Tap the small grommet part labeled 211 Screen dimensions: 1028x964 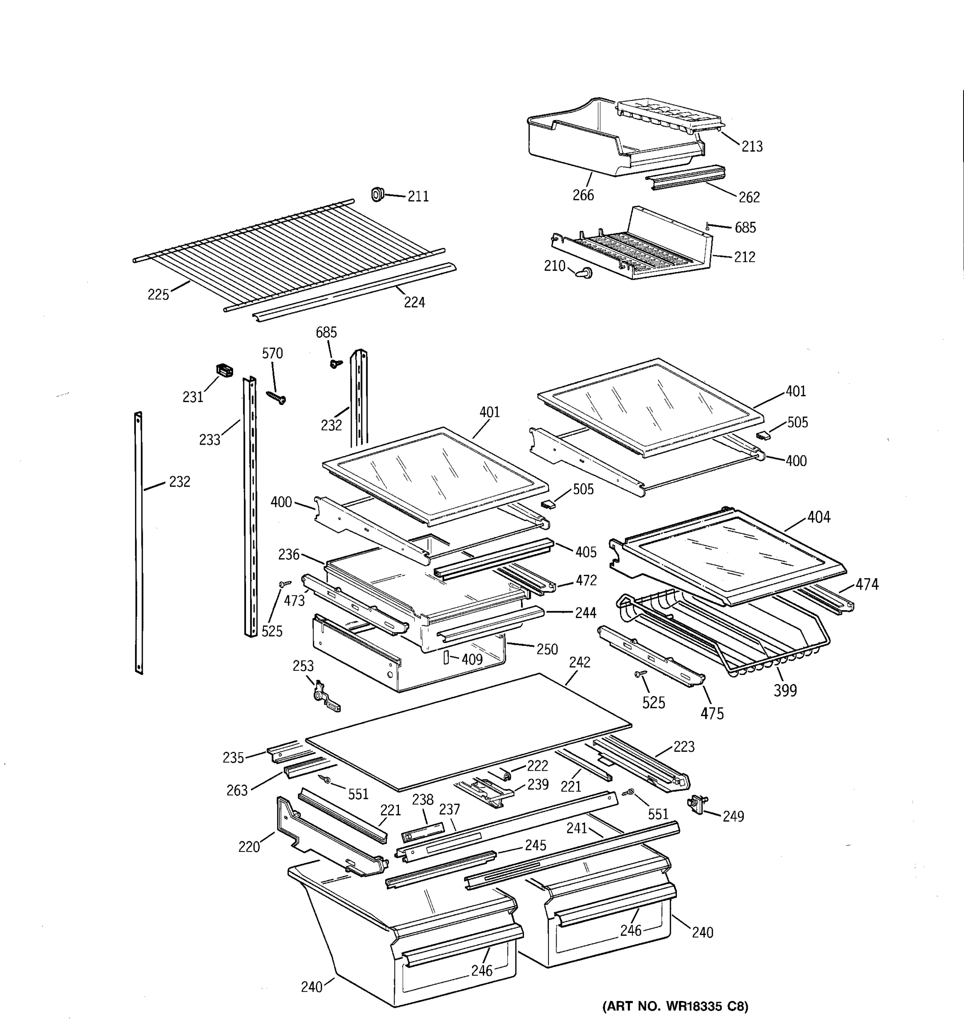coord(377,195)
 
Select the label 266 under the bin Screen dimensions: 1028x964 coord(583,195)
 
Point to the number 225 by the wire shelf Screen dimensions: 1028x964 coord(158,295)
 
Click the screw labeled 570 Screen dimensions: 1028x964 coord(277,397)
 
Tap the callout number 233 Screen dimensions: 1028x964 coord(210,440)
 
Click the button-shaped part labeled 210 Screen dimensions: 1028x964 coord(585,272)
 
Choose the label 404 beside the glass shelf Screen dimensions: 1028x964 coord(819,517)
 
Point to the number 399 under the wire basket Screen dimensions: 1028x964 coord(785,690)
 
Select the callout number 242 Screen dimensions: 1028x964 coord(579,662)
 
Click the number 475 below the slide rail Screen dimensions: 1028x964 coord(712,714)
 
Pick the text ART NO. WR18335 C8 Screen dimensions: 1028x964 coord(675,1006)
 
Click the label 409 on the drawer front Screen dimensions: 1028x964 coord(472,659)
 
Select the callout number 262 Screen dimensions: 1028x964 coord(749,197)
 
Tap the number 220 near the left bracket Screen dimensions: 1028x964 coord(249,847)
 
